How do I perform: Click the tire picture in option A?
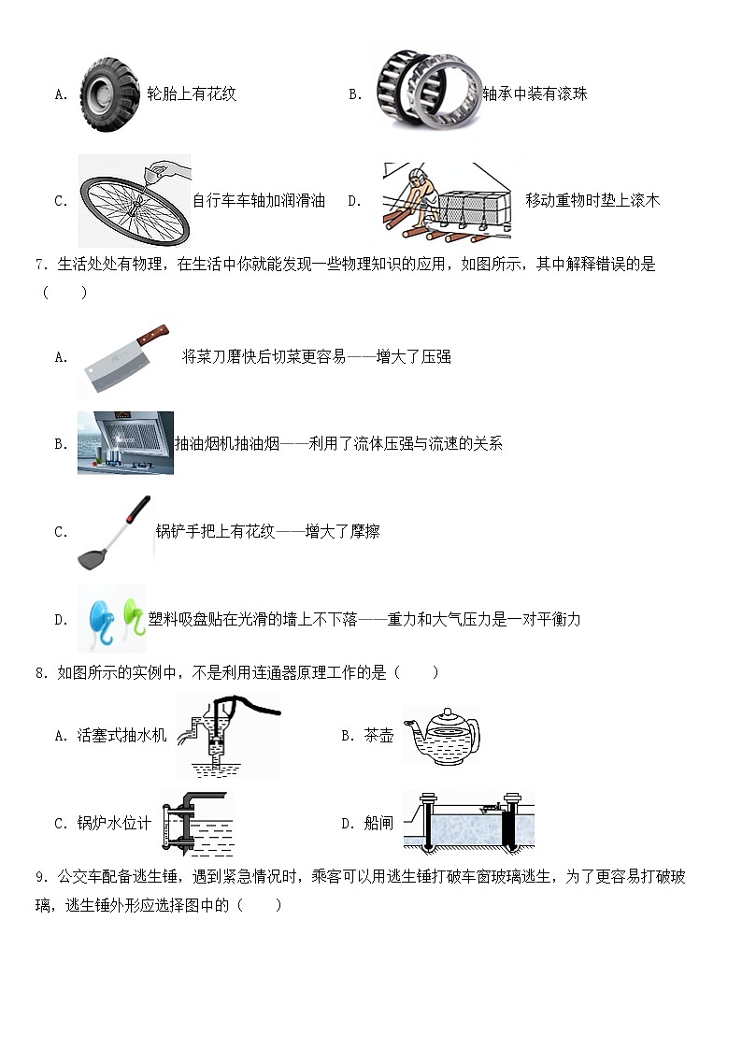click(x=110, y=93)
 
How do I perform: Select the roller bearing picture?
click(x=428, y=92)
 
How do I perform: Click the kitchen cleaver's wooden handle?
click(x=151, y=335)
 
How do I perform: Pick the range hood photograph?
click(x=125, y=442)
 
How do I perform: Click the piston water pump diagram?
click(x=227, y=736)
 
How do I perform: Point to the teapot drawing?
click(x=440, y=735)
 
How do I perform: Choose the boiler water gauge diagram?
click(x=196, y=822)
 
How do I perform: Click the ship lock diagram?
click(x=473, y=822)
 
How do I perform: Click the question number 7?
click(x=40, y=265)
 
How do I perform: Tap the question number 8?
click(x=40, y=672)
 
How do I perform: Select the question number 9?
click(x=40, y=876)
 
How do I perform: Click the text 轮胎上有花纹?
click(x=192, y=94)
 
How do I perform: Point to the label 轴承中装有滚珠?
click(x=535, y=94)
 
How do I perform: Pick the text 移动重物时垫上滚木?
click(x=592, y=200)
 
